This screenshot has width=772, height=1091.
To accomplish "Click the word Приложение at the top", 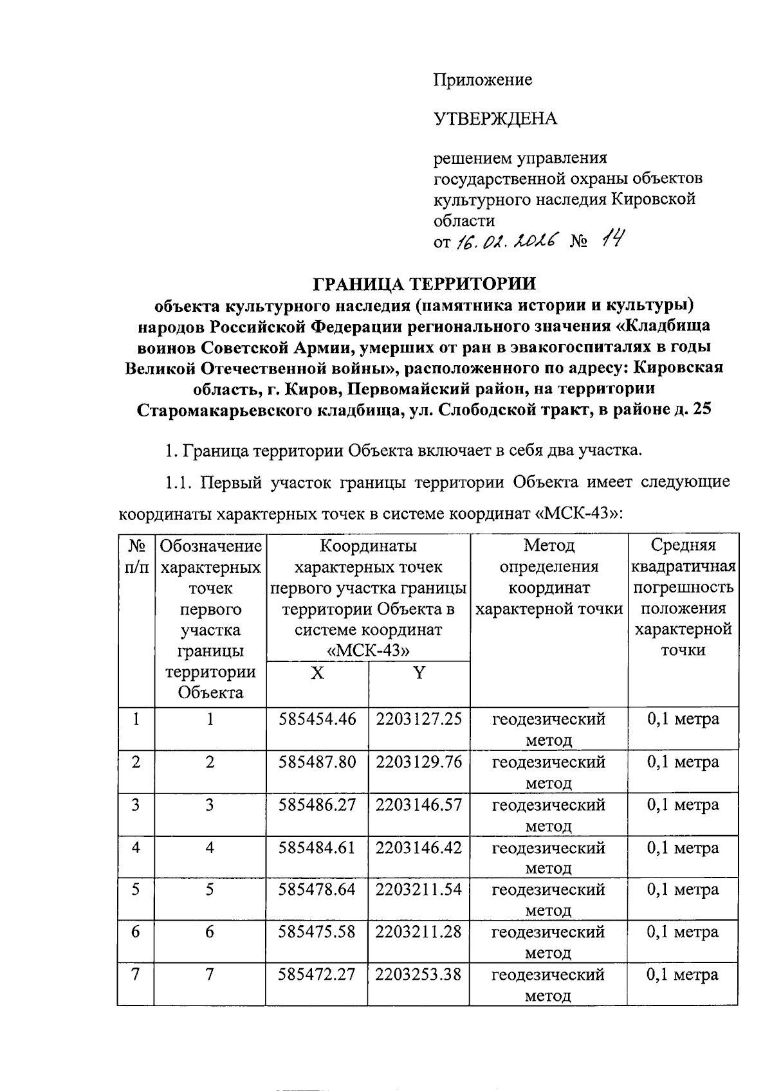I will point(482,80).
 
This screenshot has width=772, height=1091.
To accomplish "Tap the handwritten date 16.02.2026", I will point(506,242).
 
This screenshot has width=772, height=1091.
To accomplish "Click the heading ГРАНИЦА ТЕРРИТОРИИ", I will point(424,284).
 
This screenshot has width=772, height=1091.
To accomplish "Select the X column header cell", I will point(317,673).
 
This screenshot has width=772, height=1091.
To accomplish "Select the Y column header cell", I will point(419,673).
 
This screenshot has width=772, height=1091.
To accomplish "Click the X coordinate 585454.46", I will point(317,719).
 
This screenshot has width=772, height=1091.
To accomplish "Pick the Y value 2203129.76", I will point(419,762).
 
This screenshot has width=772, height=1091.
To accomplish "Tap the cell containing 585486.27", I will point(317,805).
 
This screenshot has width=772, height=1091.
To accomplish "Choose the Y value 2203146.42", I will point(419,847).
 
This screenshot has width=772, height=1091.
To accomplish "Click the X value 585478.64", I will point(317,890).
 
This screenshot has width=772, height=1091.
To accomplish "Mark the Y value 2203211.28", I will point(419,932).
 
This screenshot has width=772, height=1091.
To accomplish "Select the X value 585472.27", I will point(317,975).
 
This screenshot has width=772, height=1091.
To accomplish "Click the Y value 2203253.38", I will point(419,975).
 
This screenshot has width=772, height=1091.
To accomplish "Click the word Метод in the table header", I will point(549,546).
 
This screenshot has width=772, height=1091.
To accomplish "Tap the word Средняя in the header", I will point(683,546).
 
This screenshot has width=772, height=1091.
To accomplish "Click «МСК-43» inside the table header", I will point(368,650).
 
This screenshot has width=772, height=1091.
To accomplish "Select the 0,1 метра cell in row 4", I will point(683,848).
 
